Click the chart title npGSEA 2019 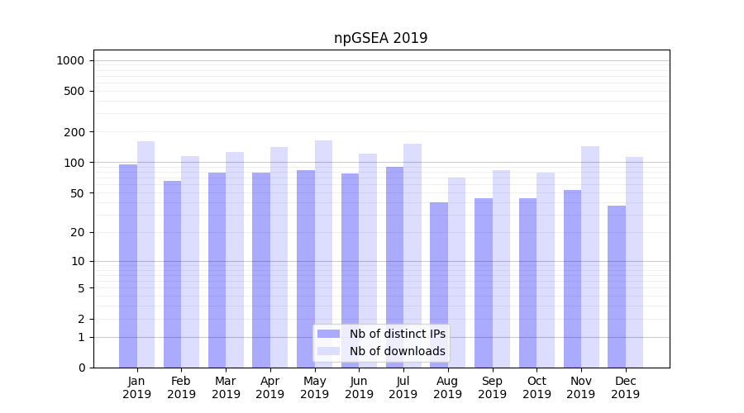[380, 38]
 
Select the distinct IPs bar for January [128, 265]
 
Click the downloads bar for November [590, 256]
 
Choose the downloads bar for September [501, 268]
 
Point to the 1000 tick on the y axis [70, 60]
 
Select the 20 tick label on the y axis [78, 232]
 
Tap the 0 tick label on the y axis [81, 368]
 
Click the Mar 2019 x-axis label [226, 387]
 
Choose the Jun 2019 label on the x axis [359, 387]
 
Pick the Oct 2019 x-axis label [537, 387]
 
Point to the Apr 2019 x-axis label [270, 387]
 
